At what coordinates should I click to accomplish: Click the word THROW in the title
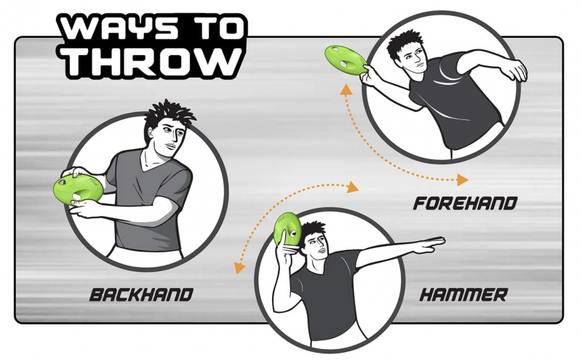[152, 62]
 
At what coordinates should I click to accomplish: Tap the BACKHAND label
[141, 295]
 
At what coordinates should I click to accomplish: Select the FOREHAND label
[466, 204]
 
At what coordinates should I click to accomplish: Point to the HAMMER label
[463, 295]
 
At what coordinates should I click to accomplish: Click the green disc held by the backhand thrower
[78, 190]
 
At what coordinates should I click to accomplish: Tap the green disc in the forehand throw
[346, 61]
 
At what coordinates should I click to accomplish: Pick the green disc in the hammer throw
[287, 229]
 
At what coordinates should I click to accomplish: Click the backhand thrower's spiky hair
[168, 116]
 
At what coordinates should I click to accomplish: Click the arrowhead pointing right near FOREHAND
[463, 180]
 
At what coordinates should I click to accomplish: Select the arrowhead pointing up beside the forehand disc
[346, 90]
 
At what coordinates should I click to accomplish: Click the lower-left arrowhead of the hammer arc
[239, 267]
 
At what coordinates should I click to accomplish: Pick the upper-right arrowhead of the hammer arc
[353, 187]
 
